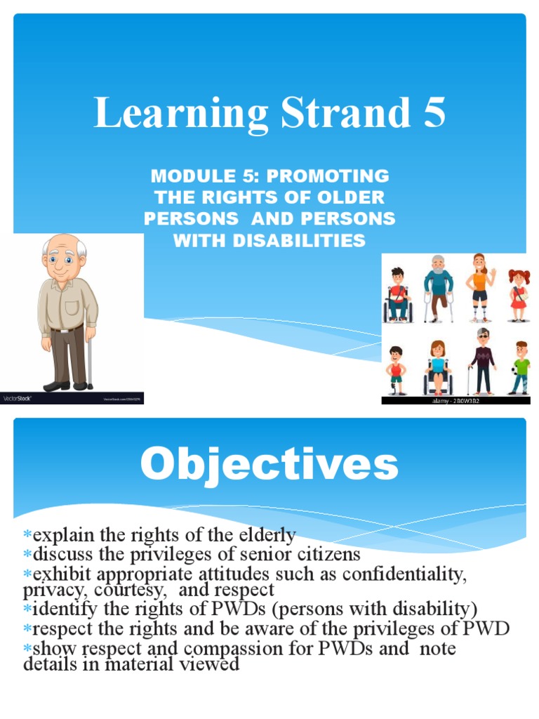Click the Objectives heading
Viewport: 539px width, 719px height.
coord(269,464)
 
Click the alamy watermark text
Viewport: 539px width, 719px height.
coord(453,400)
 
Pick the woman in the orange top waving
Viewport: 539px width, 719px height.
coord(480,286)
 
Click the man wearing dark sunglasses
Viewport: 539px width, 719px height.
coord(482,359)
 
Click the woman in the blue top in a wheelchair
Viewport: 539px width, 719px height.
coord(438,367)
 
